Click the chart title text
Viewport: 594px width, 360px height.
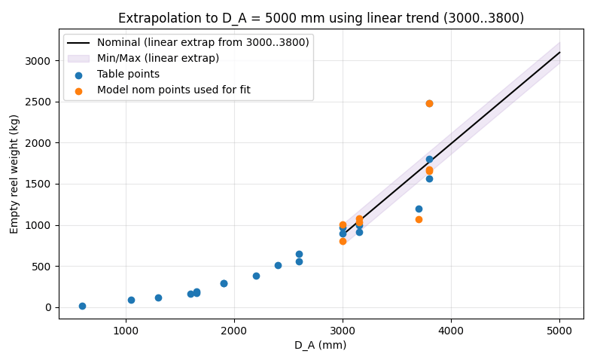point(321,18)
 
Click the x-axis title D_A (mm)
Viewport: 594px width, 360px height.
point(321,345)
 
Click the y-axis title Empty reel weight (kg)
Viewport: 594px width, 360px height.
point(14,174)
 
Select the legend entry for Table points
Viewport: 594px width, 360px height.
point(128,75)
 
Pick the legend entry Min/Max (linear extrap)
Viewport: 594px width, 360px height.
point(158,59)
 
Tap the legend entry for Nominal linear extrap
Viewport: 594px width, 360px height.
point(203,43)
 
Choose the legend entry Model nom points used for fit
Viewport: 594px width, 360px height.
point(173,90)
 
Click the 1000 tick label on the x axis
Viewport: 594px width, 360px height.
point(126,330)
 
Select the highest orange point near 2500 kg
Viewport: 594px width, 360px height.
point(429,103)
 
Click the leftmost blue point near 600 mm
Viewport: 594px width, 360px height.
point(82,306)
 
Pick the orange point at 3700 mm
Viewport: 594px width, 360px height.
point(419,219)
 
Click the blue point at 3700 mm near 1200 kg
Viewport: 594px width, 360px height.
point(419,209)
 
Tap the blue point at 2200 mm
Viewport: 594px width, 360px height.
point(256,276)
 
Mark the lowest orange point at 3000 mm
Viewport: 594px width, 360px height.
point(343,241)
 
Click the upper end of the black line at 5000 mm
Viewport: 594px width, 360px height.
point(559,52)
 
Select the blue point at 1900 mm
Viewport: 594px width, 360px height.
point(224,283)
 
